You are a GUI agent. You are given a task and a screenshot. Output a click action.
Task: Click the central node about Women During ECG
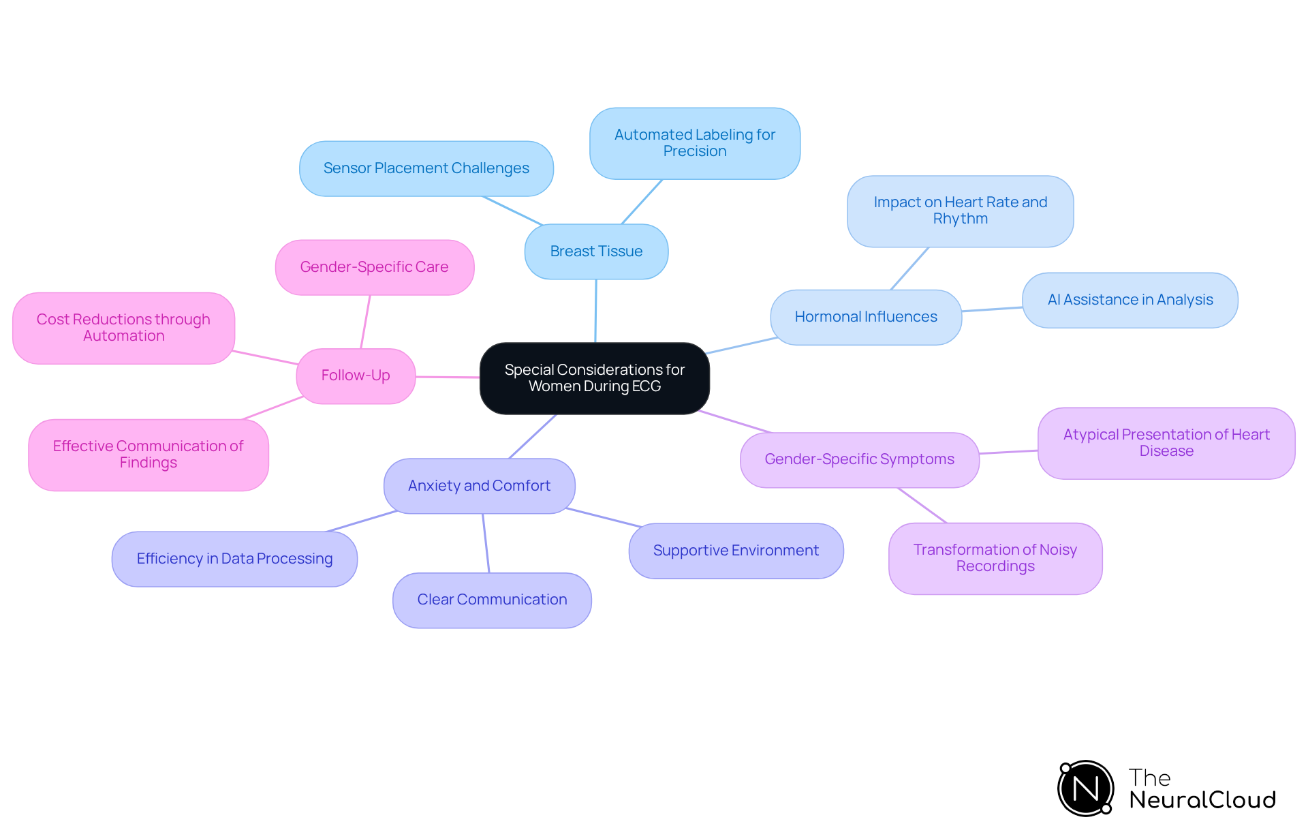point(594,378)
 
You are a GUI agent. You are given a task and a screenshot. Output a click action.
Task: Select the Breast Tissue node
point(596,251)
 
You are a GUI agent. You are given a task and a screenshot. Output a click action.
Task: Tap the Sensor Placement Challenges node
point(426,168)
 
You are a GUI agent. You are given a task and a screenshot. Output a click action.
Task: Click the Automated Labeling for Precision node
point(694,143)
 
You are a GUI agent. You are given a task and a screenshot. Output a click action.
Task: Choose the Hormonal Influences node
point(865,317)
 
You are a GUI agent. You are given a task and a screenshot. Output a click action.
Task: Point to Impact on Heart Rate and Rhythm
point(960,211)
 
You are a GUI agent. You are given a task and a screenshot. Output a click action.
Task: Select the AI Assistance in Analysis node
point(1130,300)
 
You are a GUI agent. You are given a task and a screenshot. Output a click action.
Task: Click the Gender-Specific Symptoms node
point(859,459)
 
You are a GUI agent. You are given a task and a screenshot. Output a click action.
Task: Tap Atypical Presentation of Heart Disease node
point(1166,443)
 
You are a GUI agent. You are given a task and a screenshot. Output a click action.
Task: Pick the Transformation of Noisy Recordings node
point(995,558)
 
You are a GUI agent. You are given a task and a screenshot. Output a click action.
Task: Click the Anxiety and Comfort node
point(479,486)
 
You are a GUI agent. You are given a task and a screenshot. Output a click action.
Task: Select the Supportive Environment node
point(736,551)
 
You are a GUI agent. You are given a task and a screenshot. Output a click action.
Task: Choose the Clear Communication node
point(492,600)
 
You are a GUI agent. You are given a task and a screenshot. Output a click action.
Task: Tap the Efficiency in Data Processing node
point(234,559)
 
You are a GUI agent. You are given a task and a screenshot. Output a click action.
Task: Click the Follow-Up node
point(356,375)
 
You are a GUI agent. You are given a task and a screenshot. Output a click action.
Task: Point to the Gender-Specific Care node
point(374,267)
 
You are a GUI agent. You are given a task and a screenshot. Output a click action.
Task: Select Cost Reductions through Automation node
point(123,328)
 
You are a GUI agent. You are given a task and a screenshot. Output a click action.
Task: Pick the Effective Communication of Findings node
point(148,455)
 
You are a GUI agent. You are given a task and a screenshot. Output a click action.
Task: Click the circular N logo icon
point(1085,788)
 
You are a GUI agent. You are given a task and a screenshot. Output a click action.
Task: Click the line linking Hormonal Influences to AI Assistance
point(992,309)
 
